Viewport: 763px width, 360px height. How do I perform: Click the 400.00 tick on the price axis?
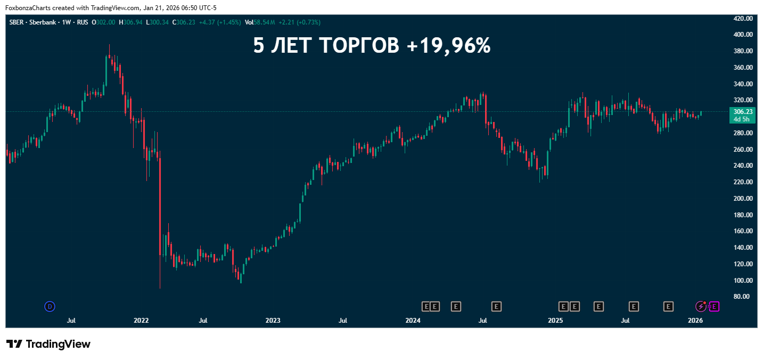click(x=743, y=35)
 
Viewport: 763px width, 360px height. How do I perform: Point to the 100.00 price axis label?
click(x=743, y=281)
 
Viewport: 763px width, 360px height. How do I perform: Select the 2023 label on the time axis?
click(x=273, y=321)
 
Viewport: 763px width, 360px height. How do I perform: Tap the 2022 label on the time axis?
click(x=141, y=321)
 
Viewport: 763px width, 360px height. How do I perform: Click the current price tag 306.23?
click(x=743, y=112)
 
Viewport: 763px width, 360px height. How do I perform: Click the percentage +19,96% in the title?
click(x=448, y=46)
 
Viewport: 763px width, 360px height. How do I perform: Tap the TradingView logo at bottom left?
click(x=48, y=344)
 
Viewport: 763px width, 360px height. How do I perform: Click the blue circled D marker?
click(x=50, y=306)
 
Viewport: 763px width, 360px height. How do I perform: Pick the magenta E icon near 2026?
click(x=715, y=306)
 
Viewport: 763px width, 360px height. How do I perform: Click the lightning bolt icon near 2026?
click(x=701, y=306)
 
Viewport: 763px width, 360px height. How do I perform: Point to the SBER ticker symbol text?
click(x=17, y=22)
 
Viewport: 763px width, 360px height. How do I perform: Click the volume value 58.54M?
click(x=265, y=22)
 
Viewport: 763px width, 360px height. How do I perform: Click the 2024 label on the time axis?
click(x=413, y=321)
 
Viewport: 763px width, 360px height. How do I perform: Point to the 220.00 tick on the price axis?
click(x=743, y=182)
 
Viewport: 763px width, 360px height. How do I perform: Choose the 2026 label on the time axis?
click(x=695, y=321)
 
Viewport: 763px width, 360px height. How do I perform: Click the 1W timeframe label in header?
click(x=67, y=22)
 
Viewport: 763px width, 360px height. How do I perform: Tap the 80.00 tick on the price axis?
click(x=744, y=297)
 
